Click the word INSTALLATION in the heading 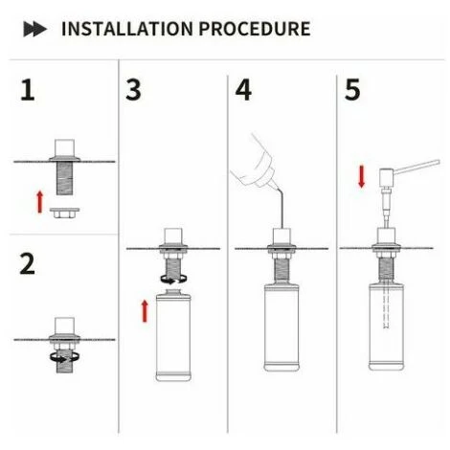(x=127, y=29)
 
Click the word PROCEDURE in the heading (x=255, y=29)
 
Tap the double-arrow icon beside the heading (x=35, y=29)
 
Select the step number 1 (x=28, y=91)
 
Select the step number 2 (x=28, y=263)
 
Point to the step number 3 (x=133, y=90)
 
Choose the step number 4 (x=243, y=90)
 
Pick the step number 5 (x=352, y=90)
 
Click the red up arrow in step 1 (x=40, y=202)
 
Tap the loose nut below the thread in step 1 (x=64, y=213)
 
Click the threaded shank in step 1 (x=64, y=178)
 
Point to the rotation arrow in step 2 (x=64, y=357)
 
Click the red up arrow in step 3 (x=145, y=311)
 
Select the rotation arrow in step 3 (x=173, y=280)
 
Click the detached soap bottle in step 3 (x=173, y=335)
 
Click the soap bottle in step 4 (x=281, y=327)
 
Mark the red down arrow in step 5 (x=362, y=176)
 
